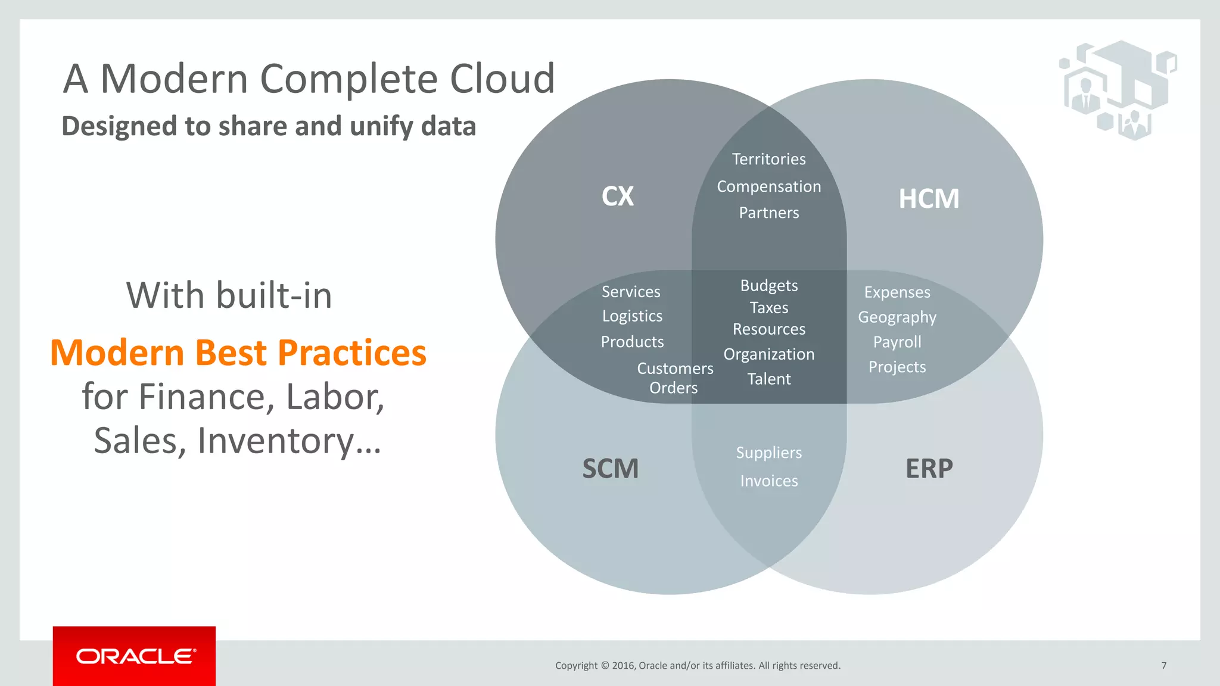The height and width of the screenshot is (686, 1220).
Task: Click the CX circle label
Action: click(618, 197)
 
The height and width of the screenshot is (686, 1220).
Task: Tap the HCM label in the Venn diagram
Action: click(929, 199)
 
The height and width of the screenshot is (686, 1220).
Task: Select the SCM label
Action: click(610, 469)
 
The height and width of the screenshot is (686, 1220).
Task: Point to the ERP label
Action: click(929, 469)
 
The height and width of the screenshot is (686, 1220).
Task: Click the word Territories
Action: click(768, 159)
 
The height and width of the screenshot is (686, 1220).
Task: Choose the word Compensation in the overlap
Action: click(768, 186)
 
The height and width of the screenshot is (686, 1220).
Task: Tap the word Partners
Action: click(768, 213)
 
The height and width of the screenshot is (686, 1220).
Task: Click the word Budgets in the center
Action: click(768, 285)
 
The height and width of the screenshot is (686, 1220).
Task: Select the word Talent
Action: click(768, 379)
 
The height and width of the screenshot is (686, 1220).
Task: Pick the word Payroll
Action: click(897, 342)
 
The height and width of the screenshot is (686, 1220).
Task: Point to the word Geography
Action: click(897, 317)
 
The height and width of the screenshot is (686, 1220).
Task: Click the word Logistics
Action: click(632, 316)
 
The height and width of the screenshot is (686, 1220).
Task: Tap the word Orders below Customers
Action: click(673, 388)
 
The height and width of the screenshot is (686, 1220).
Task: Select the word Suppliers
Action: click(768, 453)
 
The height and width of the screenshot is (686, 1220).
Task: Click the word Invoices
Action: click(768, 481)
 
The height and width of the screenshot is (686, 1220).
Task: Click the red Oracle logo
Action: click(135, 656)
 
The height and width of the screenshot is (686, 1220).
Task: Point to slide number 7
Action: click(1163, 665)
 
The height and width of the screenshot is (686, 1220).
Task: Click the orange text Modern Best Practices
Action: click(238, 353)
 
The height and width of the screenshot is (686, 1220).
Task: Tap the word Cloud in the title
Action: click(502, 79)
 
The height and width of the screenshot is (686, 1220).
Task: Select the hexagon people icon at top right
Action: click(1117, 89)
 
